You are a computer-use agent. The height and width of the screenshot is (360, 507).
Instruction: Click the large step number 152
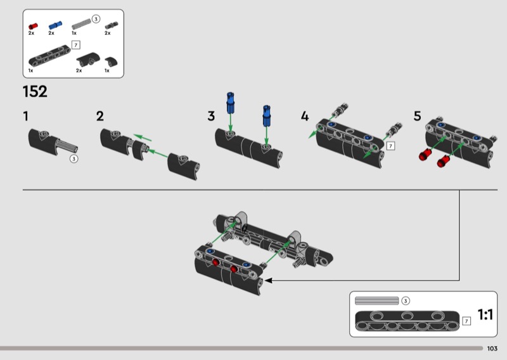35,91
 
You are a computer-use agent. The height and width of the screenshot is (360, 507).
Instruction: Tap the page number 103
492,349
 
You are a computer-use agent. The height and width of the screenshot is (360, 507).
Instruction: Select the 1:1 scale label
485,314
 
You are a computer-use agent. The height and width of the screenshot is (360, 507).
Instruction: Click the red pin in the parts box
33,26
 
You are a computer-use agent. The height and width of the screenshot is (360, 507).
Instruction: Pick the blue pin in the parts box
55,25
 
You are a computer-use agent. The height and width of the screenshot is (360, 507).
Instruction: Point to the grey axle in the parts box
81,24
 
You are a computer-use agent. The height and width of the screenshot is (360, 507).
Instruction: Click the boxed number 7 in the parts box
75,45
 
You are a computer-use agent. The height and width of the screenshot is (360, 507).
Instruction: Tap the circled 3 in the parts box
96,19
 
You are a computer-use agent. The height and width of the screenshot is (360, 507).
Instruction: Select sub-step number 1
26,116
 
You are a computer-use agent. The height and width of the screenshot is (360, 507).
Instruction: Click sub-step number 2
100,116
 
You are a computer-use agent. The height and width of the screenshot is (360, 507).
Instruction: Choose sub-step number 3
211,116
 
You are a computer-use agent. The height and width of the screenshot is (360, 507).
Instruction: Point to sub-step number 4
305,116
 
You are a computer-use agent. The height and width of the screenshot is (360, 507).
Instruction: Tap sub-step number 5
418,116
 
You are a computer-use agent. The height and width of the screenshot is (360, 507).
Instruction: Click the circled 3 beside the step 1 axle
74,159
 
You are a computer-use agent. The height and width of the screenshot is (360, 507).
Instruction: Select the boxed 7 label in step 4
390,146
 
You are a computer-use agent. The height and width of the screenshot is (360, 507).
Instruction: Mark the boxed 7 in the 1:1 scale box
466,321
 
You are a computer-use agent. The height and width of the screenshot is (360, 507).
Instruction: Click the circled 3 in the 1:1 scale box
406,301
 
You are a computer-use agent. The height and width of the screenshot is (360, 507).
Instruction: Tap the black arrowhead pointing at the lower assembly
268,280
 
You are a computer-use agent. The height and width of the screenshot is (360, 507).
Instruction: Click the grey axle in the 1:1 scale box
376,301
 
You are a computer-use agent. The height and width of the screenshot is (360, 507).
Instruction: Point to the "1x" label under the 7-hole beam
30,70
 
